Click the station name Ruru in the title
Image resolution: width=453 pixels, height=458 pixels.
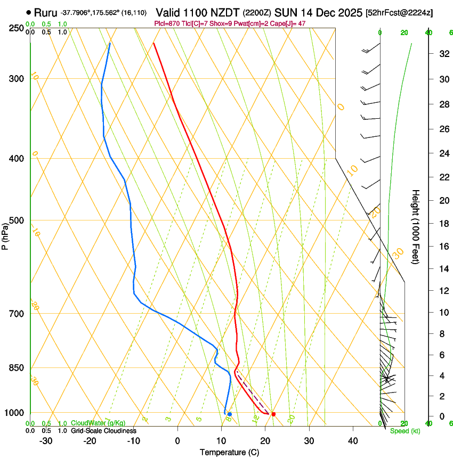[x=46, y=12]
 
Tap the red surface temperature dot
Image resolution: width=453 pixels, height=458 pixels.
[x=273, y=414]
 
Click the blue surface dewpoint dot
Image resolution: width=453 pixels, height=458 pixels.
[x=229, y=414]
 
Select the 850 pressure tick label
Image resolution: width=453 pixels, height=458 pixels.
[x=15, y=368]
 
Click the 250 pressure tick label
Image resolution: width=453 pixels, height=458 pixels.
[x=15, y=28]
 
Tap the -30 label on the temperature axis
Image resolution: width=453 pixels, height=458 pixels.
[x=46, y=440]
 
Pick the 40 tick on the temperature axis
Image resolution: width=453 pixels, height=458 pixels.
[x=352, y=440]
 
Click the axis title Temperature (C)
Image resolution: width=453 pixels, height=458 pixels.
[x=229, y=452]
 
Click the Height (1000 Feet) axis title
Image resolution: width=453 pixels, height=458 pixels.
[x=416, y=226]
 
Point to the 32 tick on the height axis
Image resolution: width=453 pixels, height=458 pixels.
[x=442, y=54]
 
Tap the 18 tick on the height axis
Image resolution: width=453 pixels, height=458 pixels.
[x=442, y=224]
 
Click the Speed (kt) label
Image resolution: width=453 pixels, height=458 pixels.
[x=405, y=431]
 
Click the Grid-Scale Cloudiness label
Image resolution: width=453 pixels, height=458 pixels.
[x=103, y=431]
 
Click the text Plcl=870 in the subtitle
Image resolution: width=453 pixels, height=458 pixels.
[x=167, y=23]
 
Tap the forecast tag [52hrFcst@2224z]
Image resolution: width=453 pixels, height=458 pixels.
[x=400, y=12]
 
